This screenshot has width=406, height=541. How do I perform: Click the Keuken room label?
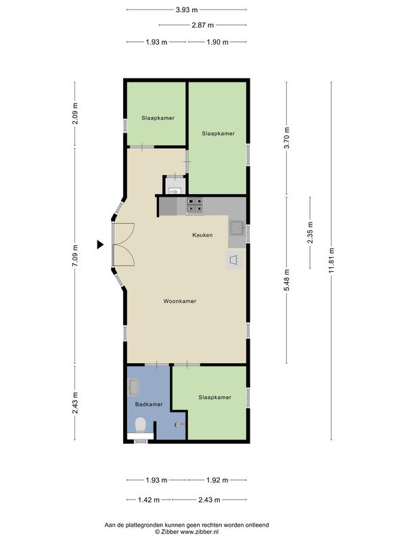click(x=202, y=235)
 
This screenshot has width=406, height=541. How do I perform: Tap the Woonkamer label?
click(x=179, y=301)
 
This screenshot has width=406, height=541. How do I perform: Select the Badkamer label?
click(x=149, y=404)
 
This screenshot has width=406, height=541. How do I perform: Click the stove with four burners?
click(x=195, y=206)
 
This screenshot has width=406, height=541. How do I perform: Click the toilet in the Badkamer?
click(x=141, y=425)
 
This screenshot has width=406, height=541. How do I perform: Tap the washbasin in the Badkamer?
click(x=133, y=387)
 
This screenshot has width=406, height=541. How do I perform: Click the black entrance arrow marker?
click(x=99, y=245)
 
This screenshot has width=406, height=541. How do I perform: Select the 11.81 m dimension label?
click(x=332, y=260)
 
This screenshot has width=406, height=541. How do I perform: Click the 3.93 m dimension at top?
click(x=187, y=9)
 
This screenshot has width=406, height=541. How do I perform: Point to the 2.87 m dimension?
click(x=202, y=25)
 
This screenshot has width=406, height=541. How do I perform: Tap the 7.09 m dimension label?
click(x=75, y=256)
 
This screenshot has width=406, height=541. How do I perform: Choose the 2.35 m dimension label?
click(x=310, y=232)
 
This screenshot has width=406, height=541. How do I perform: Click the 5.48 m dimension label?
click(x=286, y=279)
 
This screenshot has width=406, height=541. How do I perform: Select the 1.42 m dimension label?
click(x=149, y=500)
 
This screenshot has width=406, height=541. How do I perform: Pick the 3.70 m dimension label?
click(x=286, y=138)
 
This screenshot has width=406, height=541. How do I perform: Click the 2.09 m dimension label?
click(x=75, y=114)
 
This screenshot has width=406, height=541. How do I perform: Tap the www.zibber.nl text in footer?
click(x=200, y=532)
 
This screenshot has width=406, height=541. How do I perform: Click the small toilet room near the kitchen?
click(x=175, y=185)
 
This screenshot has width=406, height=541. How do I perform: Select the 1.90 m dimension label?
click(x=217, y=42)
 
